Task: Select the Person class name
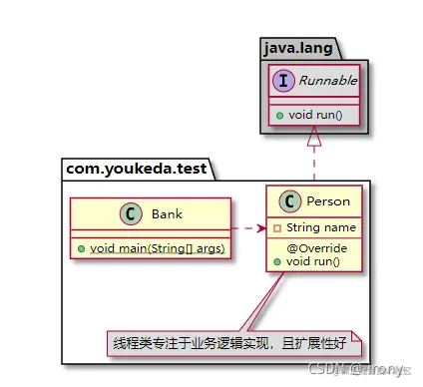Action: (x=328, y=201)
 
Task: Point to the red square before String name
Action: (x=277, y=227)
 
